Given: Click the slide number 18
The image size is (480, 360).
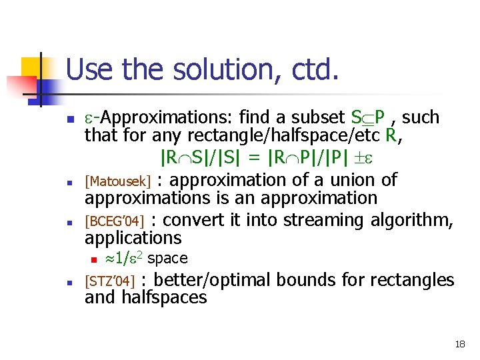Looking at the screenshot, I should pos(459,344).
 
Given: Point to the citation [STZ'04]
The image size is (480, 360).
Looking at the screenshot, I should pos(110,281).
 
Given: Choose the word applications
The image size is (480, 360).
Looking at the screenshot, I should pos(133,239).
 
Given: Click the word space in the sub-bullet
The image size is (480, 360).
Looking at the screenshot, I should pos(167,258).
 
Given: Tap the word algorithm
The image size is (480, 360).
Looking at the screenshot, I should pos(412,220).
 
